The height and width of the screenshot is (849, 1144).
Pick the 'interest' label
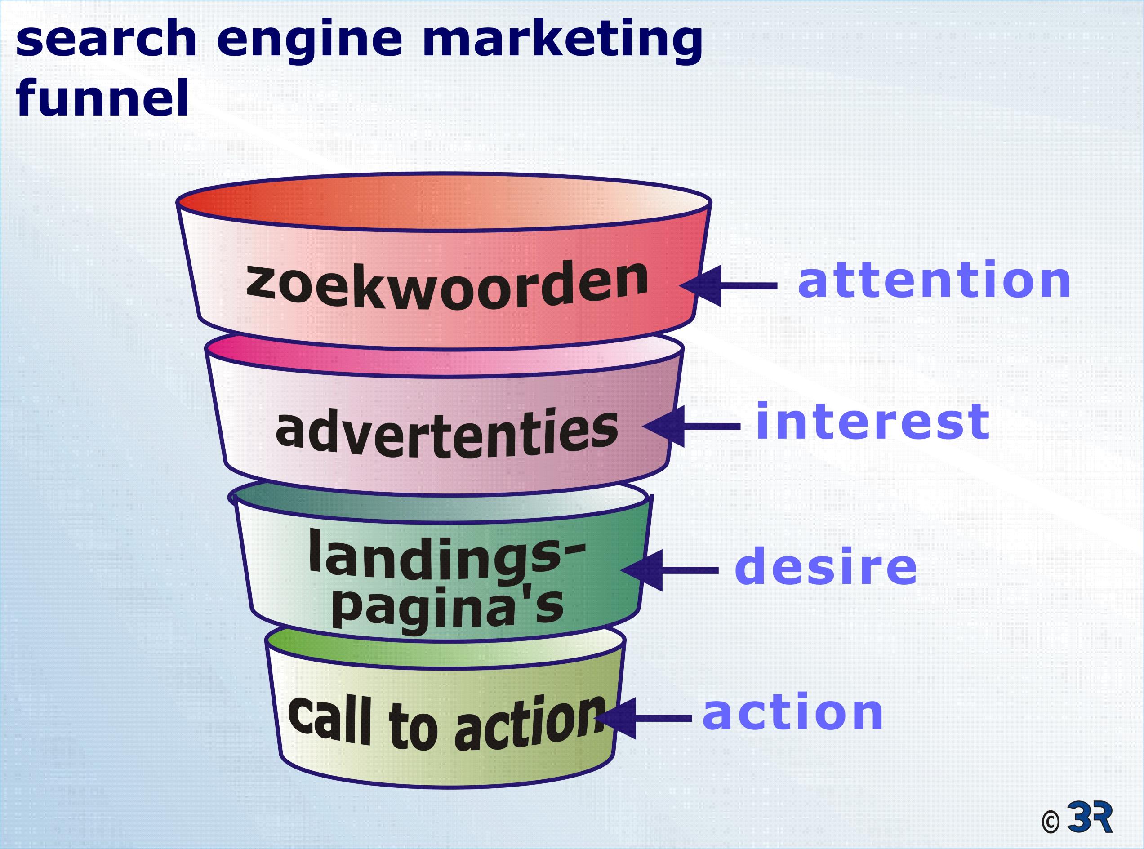click(872, 422)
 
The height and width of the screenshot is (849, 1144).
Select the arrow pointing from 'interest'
click(692, 427)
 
